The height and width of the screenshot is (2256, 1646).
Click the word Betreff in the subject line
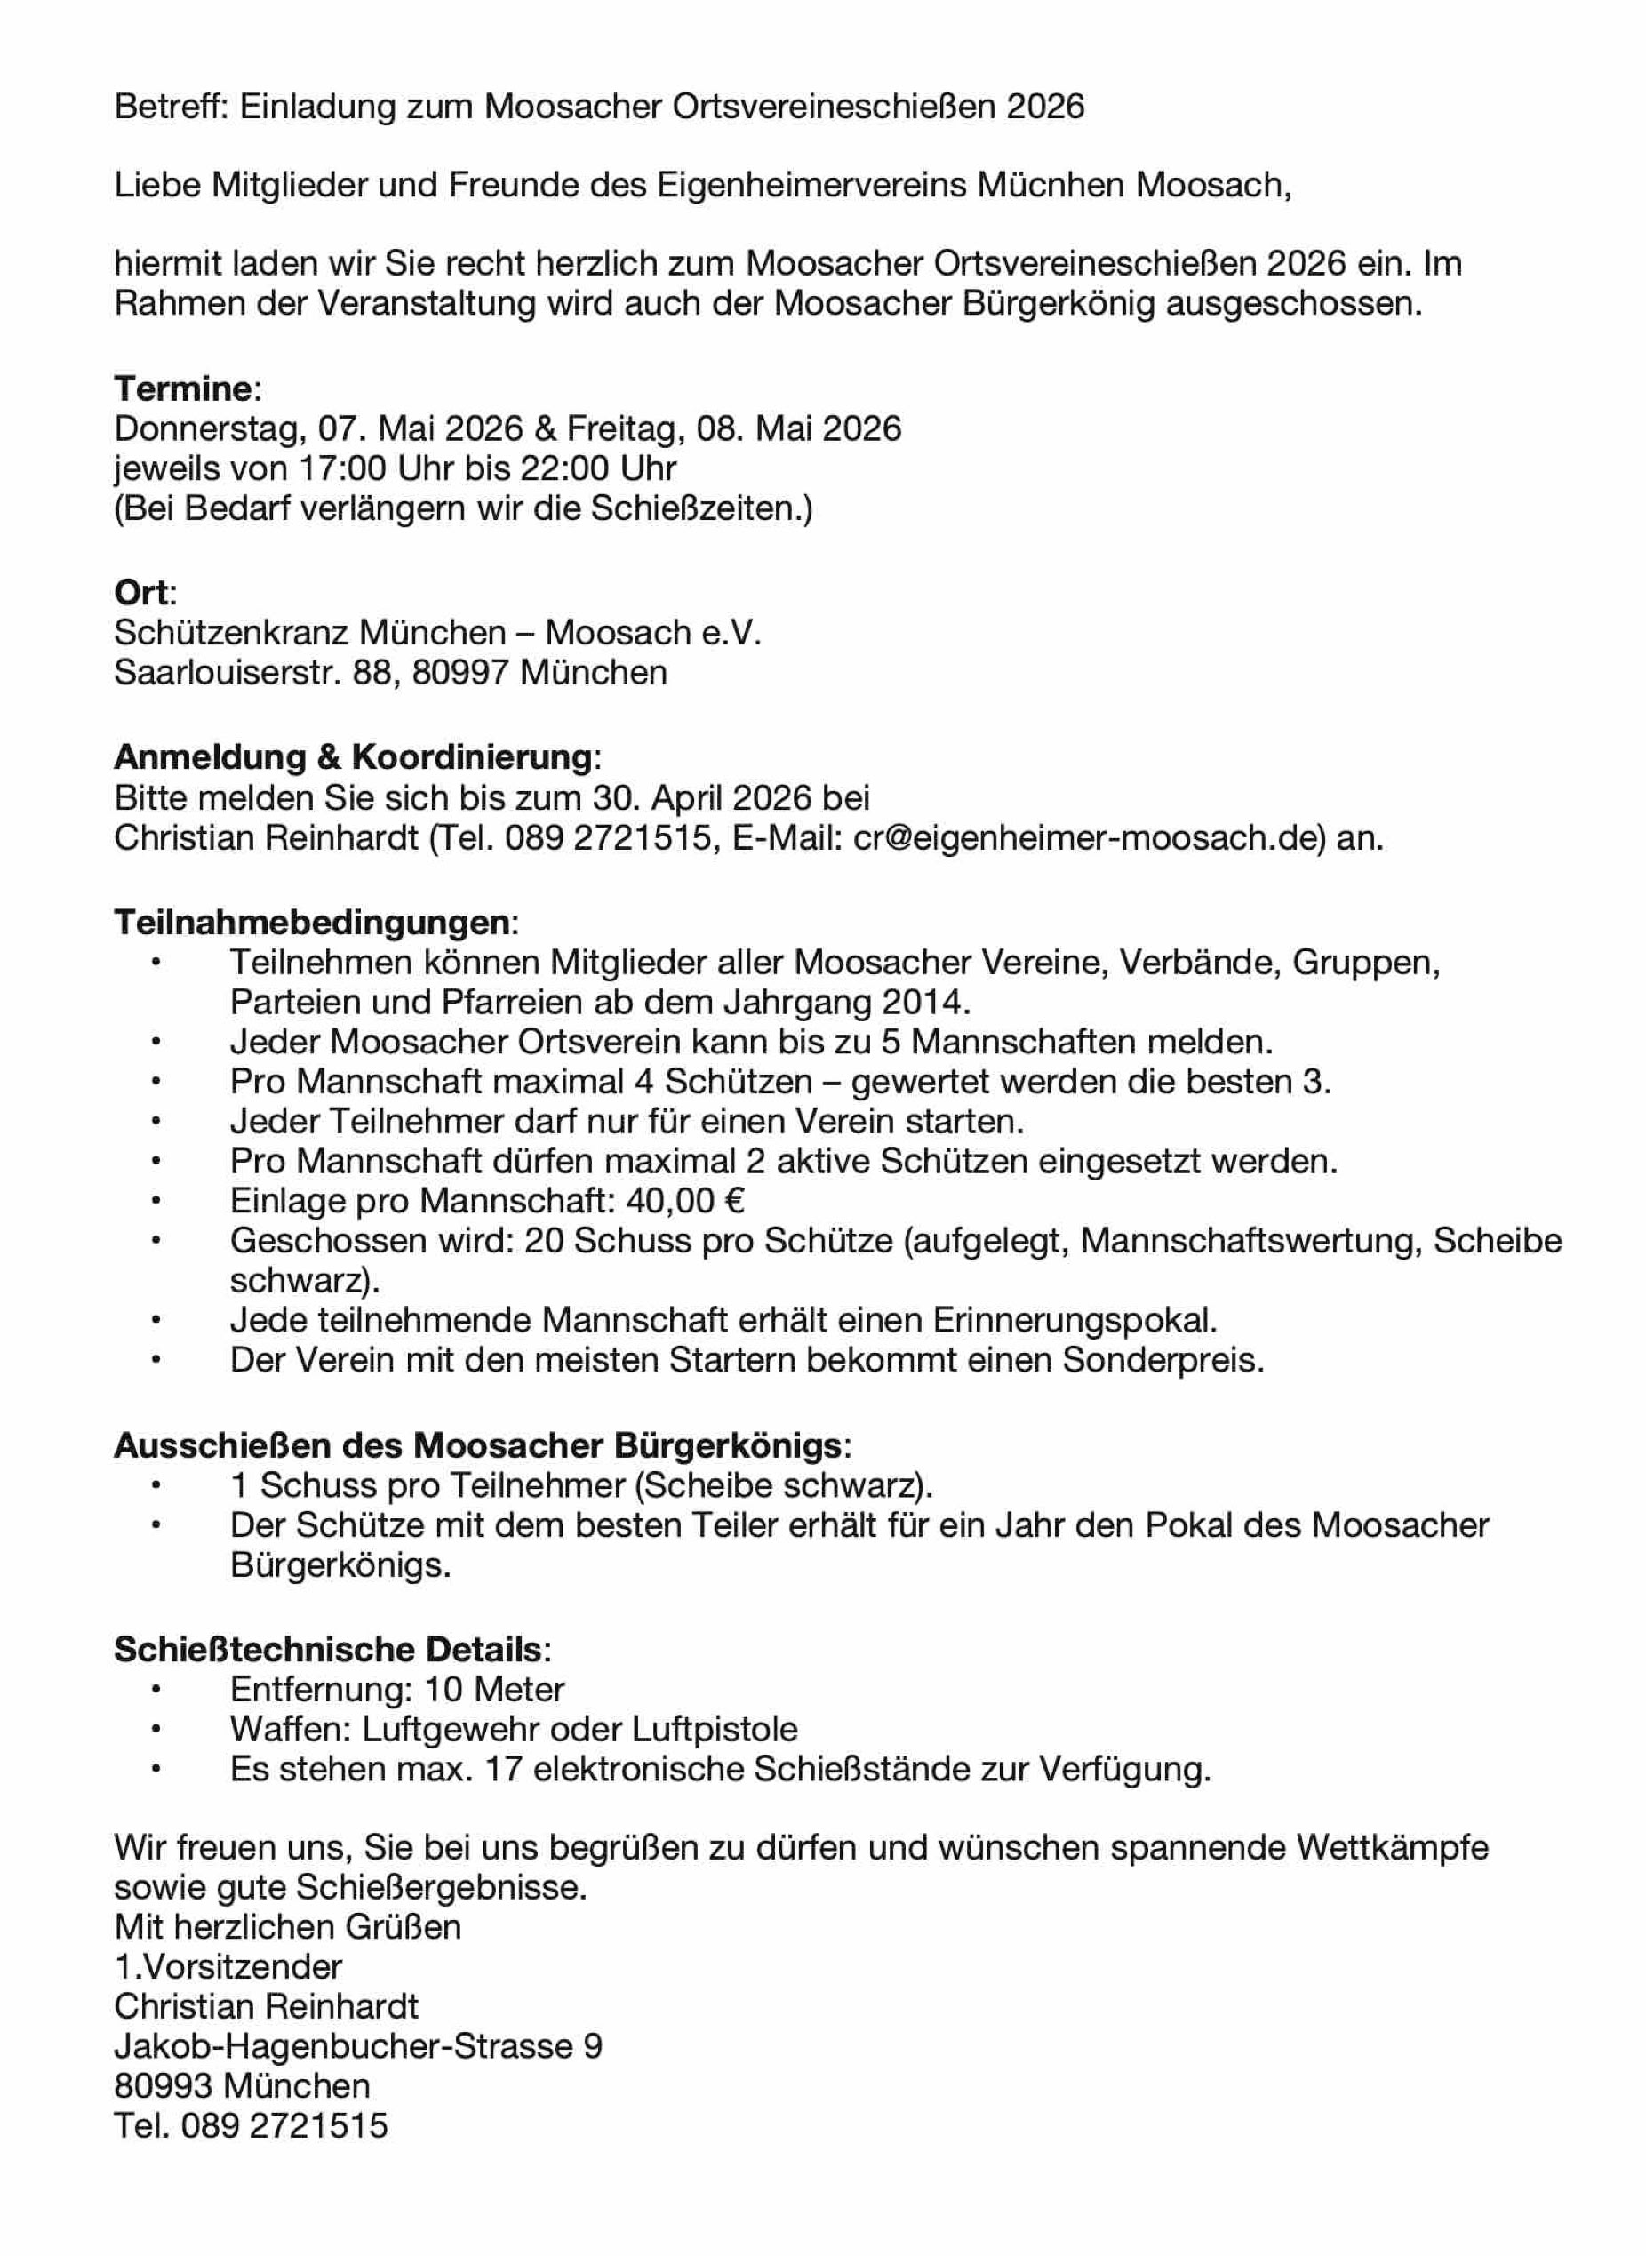pyautogui.click(x=171, y=107)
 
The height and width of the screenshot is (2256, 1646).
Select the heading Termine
pyautogui.click(x=183, y=388)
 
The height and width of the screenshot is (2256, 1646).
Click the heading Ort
pyautogui.click(x=141, y=593)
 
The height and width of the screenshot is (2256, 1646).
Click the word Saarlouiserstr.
pyautogui.click(x=228, y=673)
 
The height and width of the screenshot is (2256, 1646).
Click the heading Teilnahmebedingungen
pyautogui.click(x=312, y=922)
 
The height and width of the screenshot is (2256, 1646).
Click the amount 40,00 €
pyautogui.click(x=685, y=1201)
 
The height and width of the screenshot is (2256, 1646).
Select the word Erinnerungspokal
pyautogui.click(x=1075, y=1320)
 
